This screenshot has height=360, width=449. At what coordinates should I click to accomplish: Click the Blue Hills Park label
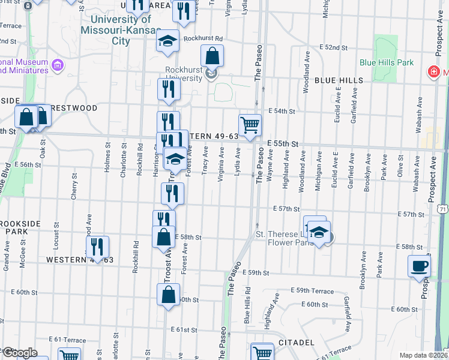(x=387, y=62)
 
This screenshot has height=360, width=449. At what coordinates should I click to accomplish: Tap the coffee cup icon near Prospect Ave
(x=419, y=265)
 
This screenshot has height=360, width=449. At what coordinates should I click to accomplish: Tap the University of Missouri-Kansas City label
(x=121, y=30)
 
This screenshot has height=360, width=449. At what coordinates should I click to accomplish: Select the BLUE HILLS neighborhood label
(x=339, y=80)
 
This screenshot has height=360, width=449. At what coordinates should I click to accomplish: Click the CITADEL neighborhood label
(x=297, y=343)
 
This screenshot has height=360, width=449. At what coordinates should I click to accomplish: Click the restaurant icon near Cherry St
(x=97, y=246)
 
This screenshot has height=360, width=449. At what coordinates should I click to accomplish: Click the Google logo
(x=20, y=353)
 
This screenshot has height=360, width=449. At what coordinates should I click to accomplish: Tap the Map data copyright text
(x=423, y=355)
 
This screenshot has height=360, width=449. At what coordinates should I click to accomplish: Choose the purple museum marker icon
(x=58, y=65)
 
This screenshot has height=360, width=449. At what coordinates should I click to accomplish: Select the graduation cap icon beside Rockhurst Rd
(x=168, y=41)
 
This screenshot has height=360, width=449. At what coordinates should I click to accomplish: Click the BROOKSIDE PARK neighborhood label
(x=20, y=227)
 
